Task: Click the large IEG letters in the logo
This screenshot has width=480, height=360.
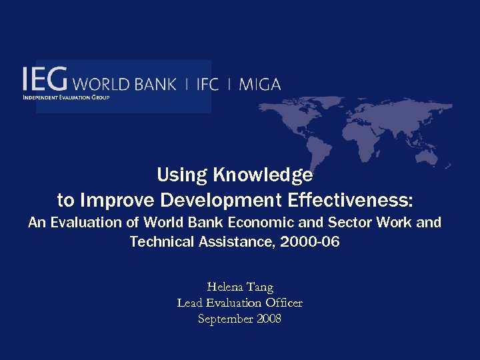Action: tap(44, 79)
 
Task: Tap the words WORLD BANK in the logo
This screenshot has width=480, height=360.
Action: tap(124, 85)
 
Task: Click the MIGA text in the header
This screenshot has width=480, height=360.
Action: tap(259, 85)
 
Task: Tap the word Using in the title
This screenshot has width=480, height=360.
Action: tap(181, 175)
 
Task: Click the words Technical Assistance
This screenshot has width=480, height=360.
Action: tap(196, 242)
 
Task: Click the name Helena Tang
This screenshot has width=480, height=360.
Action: tap(240, 287)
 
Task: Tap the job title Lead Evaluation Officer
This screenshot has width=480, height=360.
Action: tap(240, 303)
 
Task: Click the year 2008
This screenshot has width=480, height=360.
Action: tap(268, 319)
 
